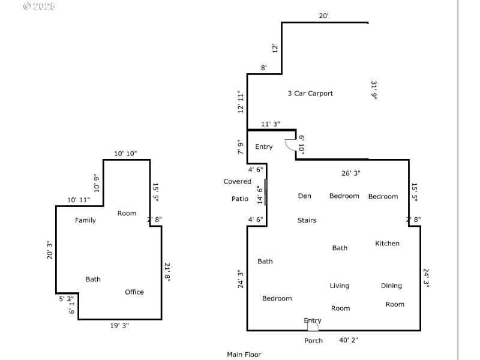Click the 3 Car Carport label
click(x=310, y=94)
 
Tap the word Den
click(x=304, y=196)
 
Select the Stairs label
click(x=307, y=220)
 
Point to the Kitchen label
click(x=387, y=244)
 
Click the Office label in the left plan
click(x=134, y=292)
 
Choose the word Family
click(x=85, y=220)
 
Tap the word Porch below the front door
click(x=313, y=341)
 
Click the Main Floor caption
click(x=244, y=355)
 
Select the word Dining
click(x=391, y=286)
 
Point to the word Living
click(x=339, y=286)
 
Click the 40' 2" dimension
click(x=349, y=340)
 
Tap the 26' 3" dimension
click(x=350, y=173)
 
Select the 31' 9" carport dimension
click(x=374, y=90)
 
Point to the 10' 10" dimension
click(x=125, y=154)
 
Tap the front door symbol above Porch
click(x=313, y=325)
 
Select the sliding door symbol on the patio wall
click(x=265, y=192)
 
